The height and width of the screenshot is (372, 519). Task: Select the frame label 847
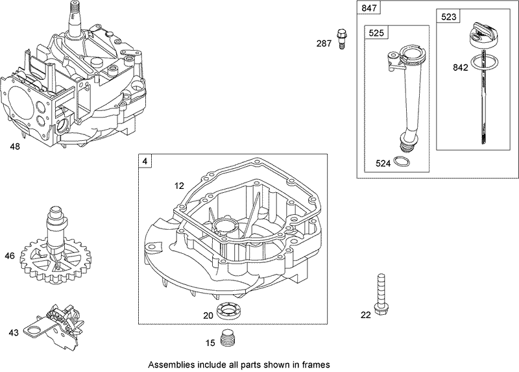(367, 9)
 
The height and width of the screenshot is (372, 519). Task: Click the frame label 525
(376, 32)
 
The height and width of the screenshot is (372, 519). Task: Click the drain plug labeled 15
(226, 338)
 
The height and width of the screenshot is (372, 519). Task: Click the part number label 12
(179, 186)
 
